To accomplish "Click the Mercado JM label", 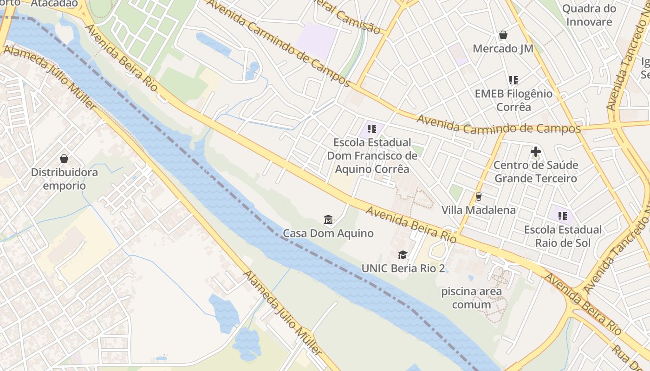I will [503, 49].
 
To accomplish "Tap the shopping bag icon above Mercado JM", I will [503, 35].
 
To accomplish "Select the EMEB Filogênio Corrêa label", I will [513, 100].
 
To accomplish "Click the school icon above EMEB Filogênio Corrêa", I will [513, 80].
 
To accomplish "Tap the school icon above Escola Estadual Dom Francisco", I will [371, 129].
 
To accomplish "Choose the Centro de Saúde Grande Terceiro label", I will [535, 172].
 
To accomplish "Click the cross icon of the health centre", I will [535, 151].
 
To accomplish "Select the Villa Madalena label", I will [478, 210].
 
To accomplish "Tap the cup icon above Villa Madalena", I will [478, 197].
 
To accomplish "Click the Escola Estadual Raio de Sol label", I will [563, 236].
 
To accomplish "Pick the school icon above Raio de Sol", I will [563, 216].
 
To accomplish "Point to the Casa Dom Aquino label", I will [328, 233].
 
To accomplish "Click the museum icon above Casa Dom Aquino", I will [328, 219].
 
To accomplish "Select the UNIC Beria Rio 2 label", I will [403, 268].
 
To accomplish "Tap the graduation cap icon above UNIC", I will [403, 255].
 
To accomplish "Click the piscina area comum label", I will [471, 298].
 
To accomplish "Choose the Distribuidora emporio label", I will [65, 179].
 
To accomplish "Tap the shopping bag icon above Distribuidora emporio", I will [64, 159].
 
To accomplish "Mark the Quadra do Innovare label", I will [589, 15].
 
